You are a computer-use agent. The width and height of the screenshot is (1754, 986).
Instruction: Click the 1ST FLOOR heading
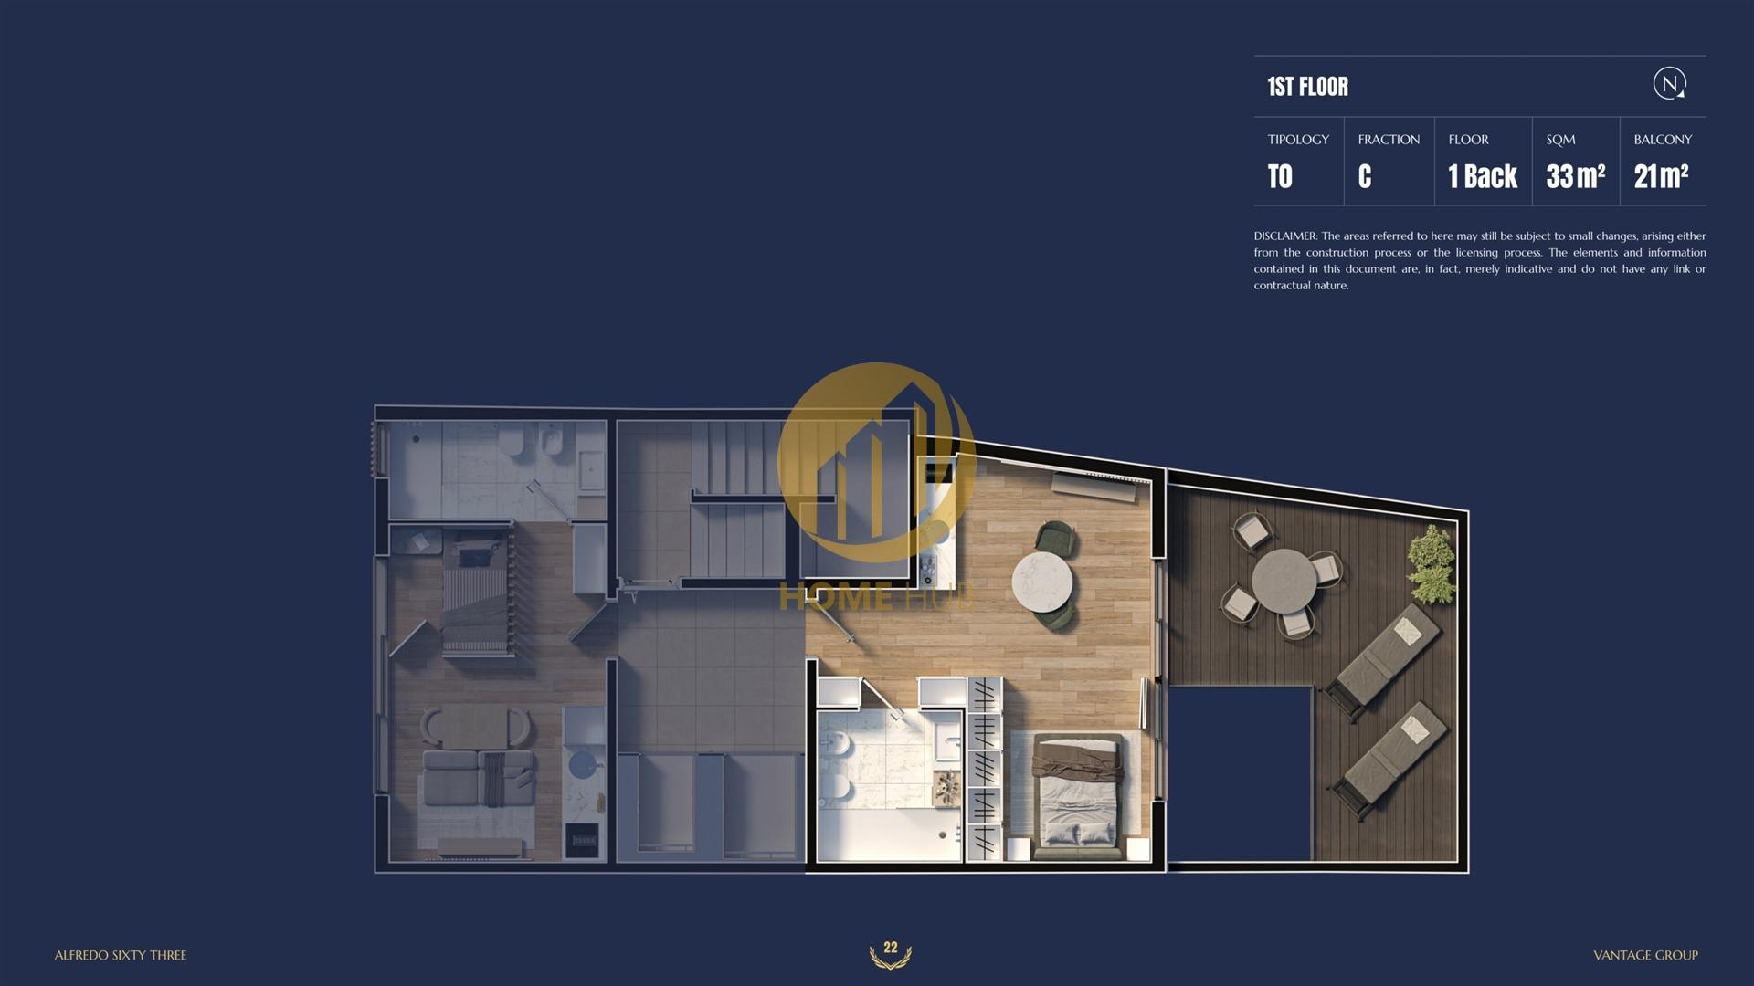[x=1307, y=87]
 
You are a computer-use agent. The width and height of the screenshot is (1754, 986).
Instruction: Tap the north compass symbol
[x=1670, y=84]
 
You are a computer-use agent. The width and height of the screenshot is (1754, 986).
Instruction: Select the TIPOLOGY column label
[x=1298, y=140]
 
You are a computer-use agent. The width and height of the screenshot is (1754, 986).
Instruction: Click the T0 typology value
[x=1280, y=176]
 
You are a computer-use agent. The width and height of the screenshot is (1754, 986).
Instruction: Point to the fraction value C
[x=1365, y=176]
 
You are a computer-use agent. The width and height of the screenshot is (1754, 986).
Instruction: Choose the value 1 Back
[x=1483, y=176]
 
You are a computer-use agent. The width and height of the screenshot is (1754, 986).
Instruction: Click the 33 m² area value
[x=1576, y=175]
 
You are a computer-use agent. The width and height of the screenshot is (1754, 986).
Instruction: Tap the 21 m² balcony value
[x=1661, y=175]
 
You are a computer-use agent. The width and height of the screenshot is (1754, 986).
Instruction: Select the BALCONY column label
[x=1663, y=140]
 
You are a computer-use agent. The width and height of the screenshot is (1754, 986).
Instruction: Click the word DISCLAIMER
[x=1285, y=236]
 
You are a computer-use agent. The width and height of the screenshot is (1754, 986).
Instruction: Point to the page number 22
[x=891, y=948]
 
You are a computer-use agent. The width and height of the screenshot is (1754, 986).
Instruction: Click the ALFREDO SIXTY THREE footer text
[x=121, y=955]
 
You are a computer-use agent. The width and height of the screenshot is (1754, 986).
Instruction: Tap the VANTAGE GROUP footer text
[x=1645, y=955]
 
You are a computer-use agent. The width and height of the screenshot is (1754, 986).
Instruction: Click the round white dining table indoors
[x=1042, y=582]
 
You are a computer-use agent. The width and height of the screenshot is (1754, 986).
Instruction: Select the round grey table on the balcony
[x=1284, y=579]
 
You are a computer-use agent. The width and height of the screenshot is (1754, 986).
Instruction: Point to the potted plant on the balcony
[x=1432, y=563]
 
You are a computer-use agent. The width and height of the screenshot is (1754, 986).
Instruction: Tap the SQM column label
[x=1560, y=140]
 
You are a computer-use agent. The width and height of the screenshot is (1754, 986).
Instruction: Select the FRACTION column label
[x=1389, y=140]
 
